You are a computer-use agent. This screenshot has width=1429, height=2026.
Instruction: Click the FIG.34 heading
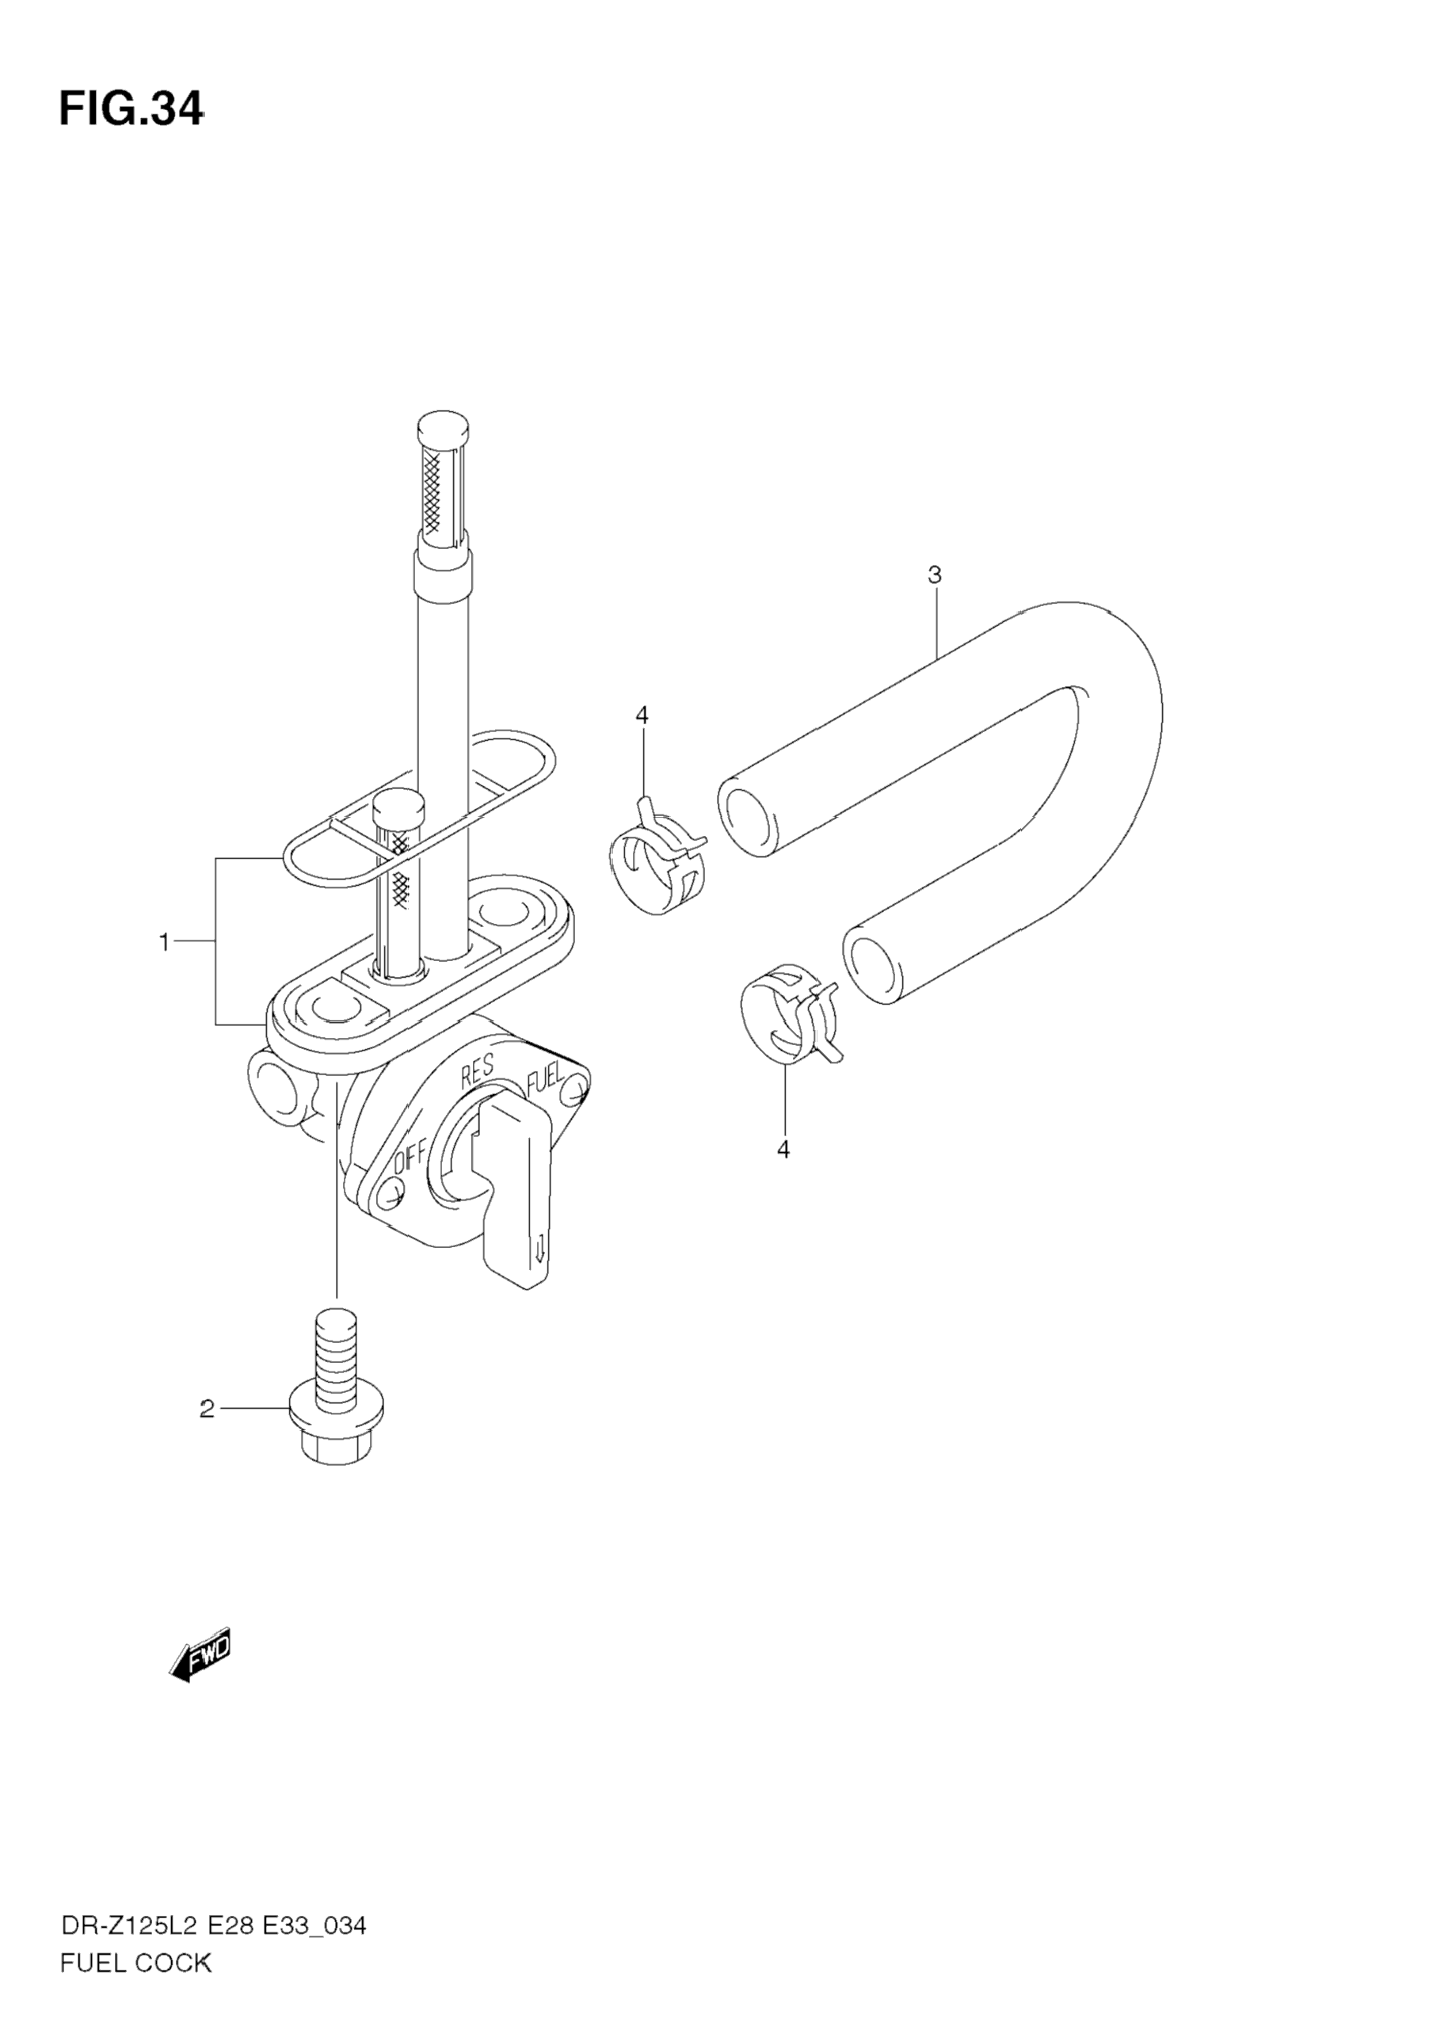click(x=131, y=109)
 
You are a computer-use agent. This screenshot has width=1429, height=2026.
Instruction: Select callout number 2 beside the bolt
click(x=207, y=1410)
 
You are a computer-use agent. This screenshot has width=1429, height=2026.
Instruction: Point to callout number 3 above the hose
click(x=935, y=575)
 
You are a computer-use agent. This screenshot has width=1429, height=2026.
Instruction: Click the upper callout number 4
click(x=642, y=715)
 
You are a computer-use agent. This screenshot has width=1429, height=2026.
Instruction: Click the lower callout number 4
click(x=783, y=1150)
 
